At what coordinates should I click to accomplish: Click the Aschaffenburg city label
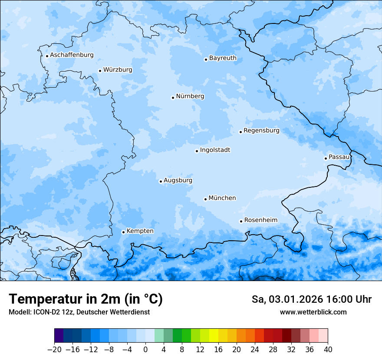(72, 55)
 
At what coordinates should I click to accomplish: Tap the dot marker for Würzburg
(100, 71)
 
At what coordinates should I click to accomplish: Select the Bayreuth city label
(223, 58)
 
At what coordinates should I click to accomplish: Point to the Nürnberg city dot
(173, 98)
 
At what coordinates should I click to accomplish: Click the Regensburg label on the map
(261, 131)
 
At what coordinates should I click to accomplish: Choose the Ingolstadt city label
(215, 150)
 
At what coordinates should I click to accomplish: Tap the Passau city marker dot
(326, 158)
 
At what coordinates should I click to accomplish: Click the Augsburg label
(178, 180)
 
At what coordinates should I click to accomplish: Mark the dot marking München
(205, 199)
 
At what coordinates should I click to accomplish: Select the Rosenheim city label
(260, 220)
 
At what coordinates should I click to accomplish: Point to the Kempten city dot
(123, 232)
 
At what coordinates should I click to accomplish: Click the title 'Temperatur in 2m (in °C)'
(86, 299)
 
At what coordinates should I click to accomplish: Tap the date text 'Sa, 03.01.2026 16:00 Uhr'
(312, 299)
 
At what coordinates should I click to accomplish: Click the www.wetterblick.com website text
(313, 312)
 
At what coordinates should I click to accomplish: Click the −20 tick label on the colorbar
(54, 350)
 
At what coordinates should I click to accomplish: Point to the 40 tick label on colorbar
(328, 350)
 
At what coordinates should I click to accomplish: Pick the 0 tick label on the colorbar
(145, 350)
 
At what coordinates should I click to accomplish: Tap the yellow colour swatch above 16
(214, 336)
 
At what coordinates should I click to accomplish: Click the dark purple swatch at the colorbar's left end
(59, 336)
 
